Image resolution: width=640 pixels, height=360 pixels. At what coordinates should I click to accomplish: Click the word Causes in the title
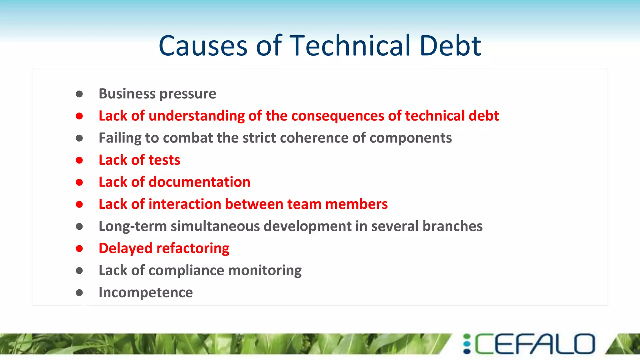[203, 46]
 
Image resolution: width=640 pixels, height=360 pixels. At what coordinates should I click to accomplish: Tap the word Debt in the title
[450, 46]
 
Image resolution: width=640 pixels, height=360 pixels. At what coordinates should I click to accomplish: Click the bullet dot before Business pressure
[79, 94]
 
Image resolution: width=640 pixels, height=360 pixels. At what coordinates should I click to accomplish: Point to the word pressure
[189, 94]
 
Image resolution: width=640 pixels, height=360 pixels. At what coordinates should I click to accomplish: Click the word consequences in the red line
[338, 116]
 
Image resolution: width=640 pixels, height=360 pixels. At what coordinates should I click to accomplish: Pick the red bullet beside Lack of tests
[79, 160]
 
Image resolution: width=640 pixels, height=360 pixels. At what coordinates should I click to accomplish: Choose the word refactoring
[193, 249]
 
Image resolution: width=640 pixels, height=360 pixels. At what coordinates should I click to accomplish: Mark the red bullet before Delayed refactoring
[79, 249]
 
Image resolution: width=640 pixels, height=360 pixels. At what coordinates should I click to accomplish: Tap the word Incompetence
[146, 293]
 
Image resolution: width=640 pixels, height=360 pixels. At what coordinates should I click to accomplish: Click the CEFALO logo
[529, 344]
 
